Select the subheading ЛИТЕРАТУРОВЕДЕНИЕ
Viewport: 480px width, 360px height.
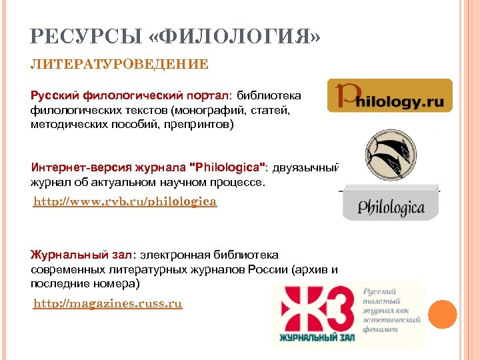pyautogui.click(x=119, y=64)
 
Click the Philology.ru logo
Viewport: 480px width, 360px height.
pyautogui.click(x=389, y=95)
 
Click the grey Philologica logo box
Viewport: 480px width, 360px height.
pyautogui.click(x=391, y=206)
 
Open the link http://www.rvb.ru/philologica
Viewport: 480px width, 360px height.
pyautogui.click(x=125, y=201)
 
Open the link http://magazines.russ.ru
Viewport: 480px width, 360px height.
pyautogui.click(x=108, y=304)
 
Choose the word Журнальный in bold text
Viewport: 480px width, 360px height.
pyautogui.click(x=63, y=254)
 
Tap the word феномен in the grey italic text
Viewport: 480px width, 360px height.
pyautogui.click(x=381, y=329)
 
